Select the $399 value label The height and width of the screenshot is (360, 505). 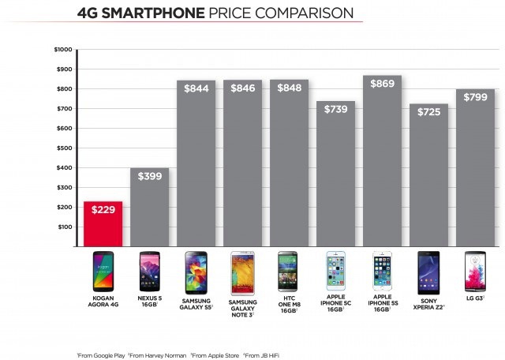coord(150,176)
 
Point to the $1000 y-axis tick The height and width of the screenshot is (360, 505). coord(63,50)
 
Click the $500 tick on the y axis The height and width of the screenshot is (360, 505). coord(64,148)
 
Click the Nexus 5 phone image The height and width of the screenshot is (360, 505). coord(150,270)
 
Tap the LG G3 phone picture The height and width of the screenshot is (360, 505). coord(476,270)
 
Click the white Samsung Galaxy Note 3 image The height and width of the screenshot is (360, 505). coord(242,270)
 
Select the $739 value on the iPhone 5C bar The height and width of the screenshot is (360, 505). coord(336,108)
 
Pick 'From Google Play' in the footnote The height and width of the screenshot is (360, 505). coord(105,354)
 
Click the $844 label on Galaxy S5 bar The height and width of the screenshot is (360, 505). coord(196,88)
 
